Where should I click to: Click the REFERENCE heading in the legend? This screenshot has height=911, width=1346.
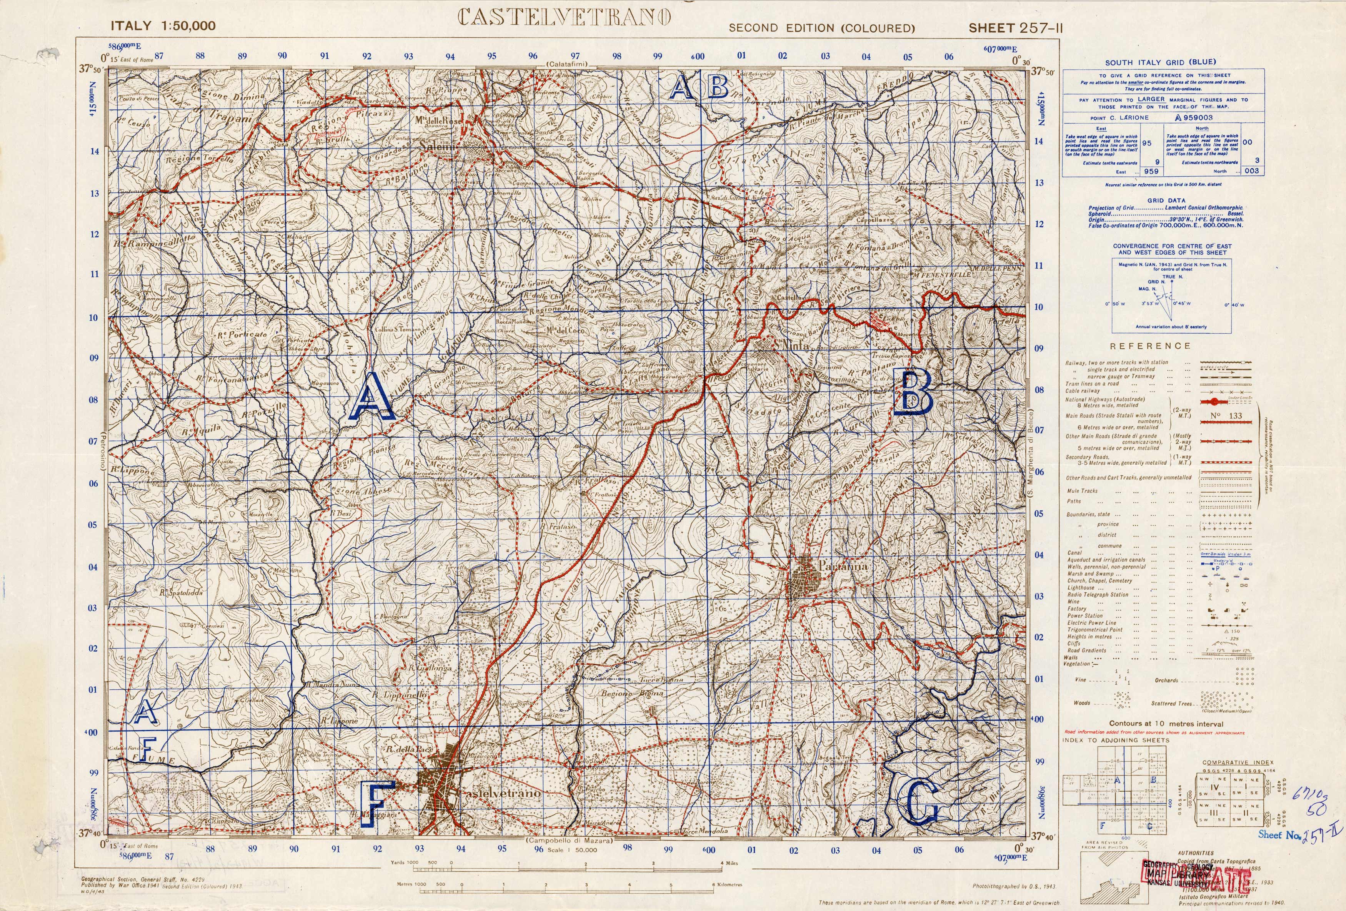tap(1149, 346)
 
